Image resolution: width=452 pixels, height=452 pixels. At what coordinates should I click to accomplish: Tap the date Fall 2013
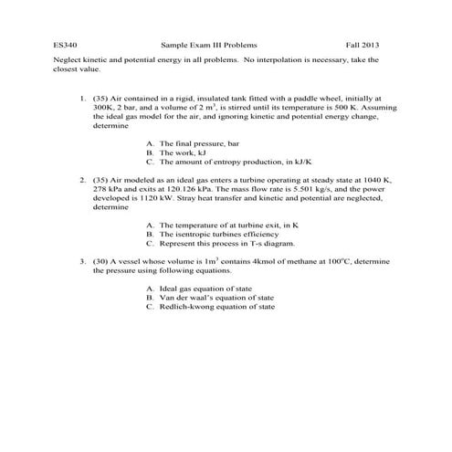pos(363,44)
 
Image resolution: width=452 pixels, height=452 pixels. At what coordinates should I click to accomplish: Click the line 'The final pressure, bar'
pos(198,143)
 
